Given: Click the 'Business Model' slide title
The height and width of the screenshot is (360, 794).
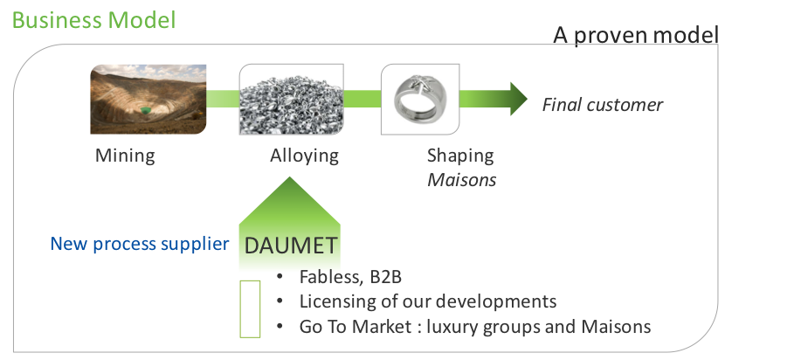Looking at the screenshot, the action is [x=93, y=21].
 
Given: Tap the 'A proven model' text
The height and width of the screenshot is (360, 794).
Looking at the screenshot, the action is [x=636, y=36].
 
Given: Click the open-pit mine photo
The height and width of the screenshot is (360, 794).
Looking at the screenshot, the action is [x=148, y=100].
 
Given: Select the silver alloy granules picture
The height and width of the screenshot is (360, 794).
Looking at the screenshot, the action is [x=291, y=100].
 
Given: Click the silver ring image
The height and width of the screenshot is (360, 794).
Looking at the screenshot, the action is [x=420, y=100].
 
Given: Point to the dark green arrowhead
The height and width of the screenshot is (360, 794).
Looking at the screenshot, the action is [x=517, y=99].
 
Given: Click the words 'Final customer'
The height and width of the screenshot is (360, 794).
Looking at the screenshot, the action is [x=602, y=105].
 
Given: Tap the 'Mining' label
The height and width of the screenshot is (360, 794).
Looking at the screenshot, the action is [x=125, y=156].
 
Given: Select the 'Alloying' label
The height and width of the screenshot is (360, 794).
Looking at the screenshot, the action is [x=304, y=156].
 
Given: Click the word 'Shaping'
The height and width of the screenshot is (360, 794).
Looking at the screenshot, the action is [x=459, y=156].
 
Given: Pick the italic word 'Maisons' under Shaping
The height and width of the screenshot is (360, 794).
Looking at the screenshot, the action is [x=461, y=180].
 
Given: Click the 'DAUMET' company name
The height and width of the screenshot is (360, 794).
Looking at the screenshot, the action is [x=290, y=246].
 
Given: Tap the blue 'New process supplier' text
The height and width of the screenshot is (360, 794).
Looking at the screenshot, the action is [x=139, y=244].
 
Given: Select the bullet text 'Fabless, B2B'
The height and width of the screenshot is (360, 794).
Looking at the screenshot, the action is [x=350, y=277].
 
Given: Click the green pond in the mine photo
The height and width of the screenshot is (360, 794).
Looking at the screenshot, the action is [x=145, y=110].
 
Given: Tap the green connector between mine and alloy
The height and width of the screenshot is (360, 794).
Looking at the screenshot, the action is [x=223, y=99].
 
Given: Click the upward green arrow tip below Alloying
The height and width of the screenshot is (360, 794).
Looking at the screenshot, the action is [x=289, y=177].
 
